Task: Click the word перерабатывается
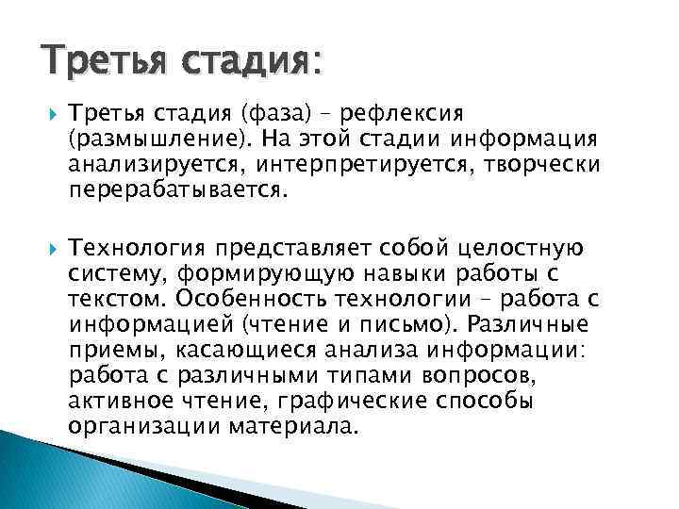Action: tap(175, 191)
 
